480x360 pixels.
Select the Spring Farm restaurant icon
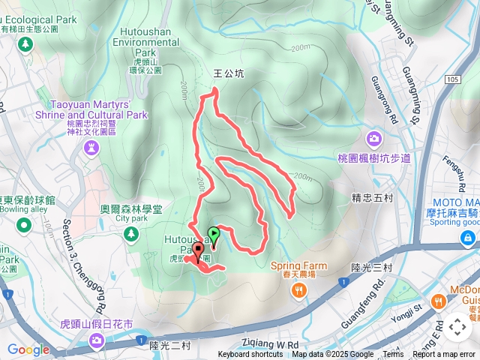tap(299, 290)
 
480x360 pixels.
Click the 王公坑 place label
tap(229, 73)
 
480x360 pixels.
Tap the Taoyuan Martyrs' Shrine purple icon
tap(91, 148)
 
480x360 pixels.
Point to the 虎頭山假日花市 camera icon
tap(96, 341)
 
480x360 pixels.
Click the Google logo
tap(28, 349)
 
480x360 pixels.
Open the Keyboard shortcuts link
tap(250, 355)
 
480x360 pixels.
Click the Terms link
tap(393, 355)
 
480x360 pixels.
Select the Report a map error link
tap(445, 355)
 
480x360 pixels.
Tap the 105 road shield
tap(451, 79)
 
